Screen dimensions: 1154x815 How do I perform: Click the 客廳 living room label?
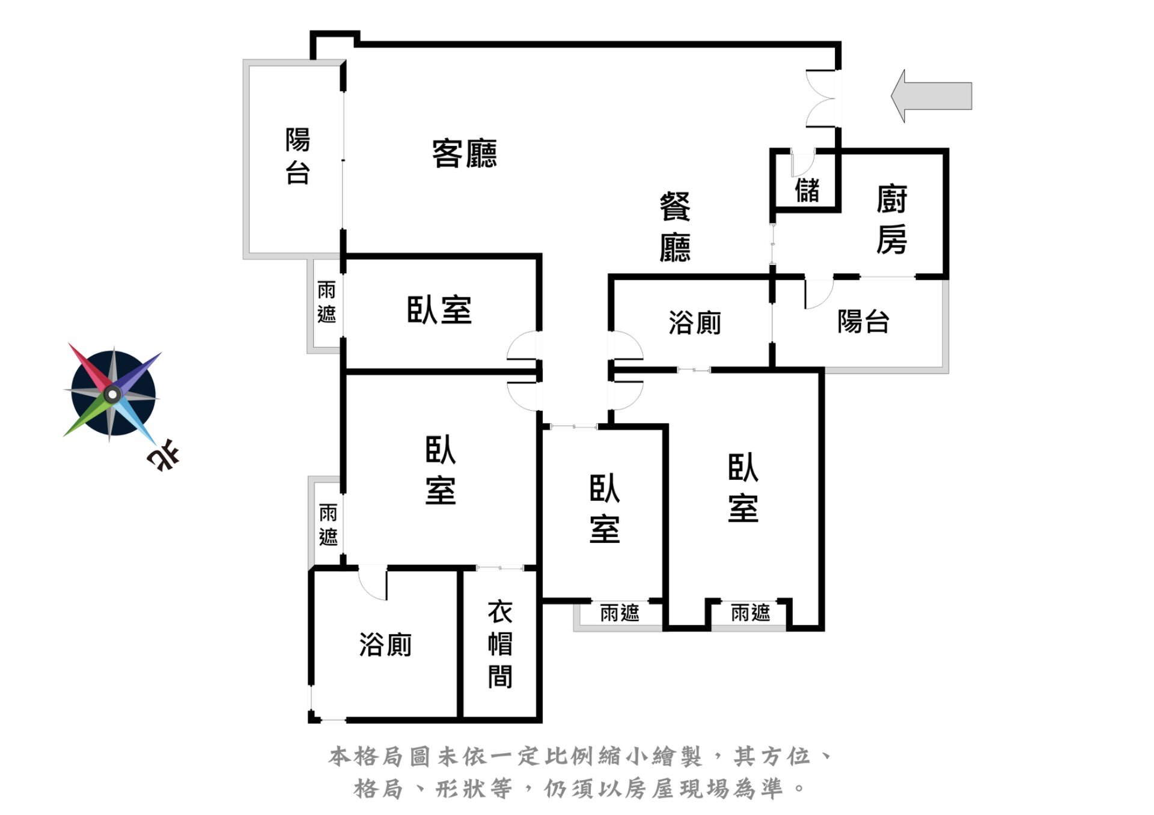(x=465, y=153)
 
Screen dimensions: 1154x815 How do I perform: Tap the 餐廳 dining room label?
(x=675, y=227)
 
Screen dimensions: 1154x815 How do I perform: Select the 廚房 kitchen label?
(x=891, y=219)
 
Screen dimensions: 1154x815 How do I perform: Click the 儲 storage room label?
(x=807, y=190)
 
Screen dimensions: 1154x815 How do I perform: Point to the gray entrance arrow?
(x=931, y=96)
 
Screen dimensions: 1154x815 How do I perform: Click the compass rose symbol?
(x=112, y=394)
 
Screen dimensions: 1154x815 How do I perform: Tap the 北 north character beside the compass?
(x=163, y=454)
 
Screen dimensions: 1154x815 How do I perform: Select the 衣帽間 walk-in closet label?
(x=499, y=644)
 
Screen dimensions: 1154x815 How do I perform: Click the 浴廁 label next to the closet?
(x=385, y=644)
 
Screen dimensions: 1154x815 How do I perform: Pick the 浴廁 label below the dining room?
(x=695, y=323)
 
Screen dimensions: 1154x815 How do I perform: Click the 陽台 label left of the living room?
(x=298, y=156)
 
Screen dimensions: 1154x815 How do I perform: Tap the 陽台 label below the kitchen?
(x=863, y=321)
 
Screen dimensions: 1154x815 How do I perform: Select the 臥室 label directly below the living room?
(x=439, y=310)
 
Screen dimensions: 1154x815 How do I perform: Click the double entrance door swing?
(x=821, y=98)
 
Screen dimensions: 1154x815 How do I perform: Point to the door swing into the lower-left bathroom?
(x=373, y=583)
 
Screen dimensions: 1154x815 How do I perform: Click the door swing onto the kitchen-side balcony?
(x=819, y=294)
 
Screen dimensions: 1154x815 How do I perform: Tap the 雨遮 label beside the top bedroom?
(x=326, y=302)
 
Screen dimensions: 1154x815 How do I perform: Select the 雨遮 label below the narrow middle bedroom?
(x=620, y=613)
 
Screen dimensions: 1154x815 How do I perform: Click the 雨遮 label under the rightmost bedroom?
(x=751, y=613)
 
